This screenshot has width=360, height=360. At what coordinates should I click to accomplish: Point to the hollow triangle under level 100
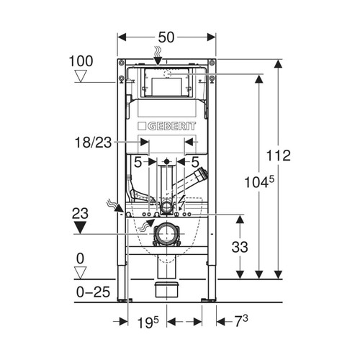[x=84, y=74]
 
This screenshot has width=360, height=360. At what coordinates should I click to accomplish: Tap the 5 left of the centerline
[x=138, y=162]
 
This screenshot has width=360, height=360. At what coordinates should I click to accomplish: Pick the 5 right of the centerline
[x=195, y=162]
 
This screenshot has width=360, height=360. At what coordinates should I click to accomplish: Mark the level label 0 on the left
[x=81, y=256]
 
